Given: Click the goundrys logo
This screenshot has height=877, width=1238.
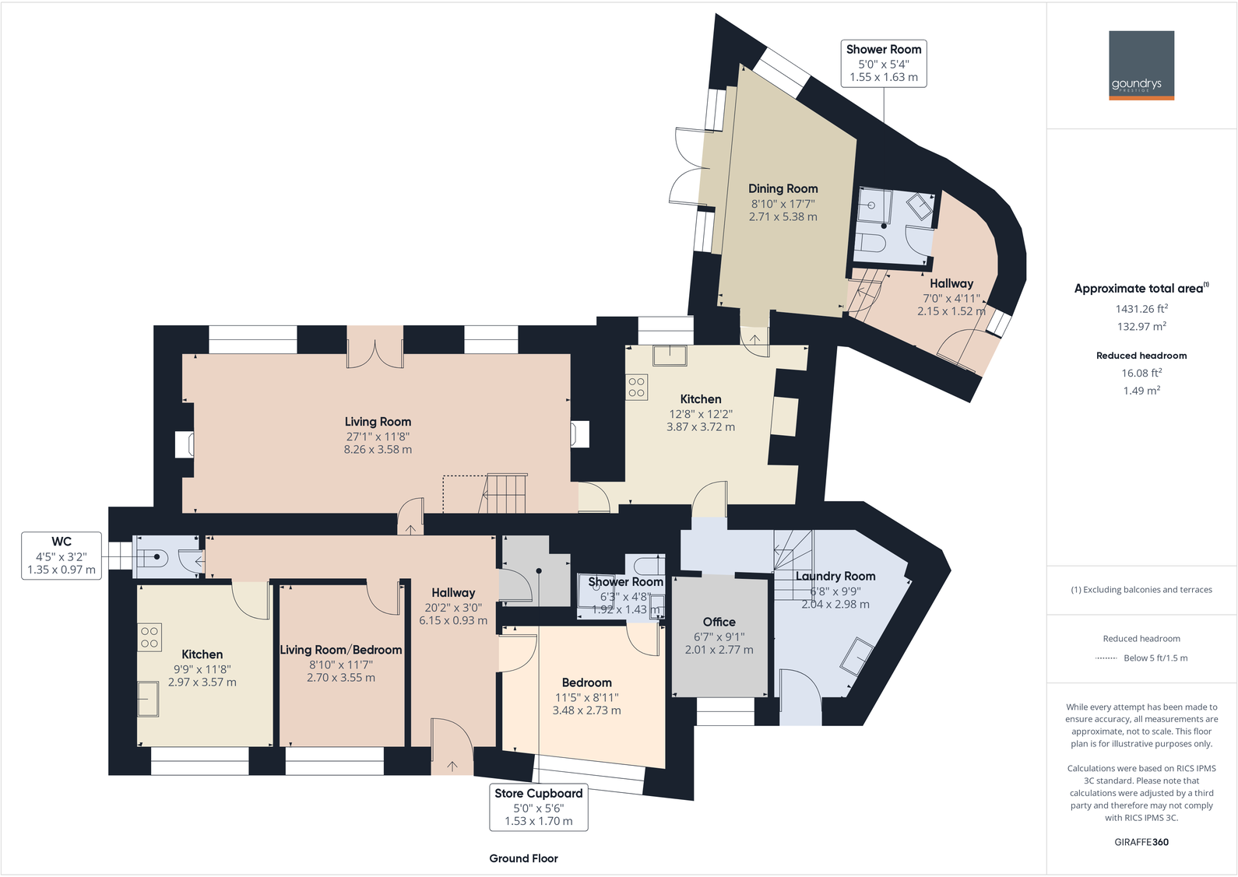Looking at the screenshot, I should (x=1141, y=65).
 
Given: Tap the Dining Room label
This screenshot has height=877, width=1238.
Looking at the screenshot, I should (x=783, y=188).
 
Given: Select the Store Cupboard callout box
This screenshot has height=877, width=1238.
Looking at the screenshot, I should (x=538, y=807).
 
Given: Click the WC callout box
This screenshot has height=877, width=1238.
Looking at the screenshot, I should (x=62, y=555).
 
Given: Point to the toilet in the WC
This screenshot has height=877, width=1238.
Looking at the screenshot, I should (x=152, y=557).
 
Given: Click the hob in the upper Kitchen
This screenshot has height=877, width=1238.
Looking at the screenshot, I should (x=637, y=387).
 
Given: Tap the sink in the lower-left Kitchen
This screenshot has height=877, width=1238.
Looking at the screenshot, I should (x=148, y=698).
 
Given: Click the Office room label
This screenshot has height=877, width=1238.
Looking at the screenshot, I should (x=719, y=622).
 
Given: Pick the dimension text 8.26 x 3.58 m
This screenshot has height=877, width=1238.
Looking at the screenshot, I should (x=378, y=450).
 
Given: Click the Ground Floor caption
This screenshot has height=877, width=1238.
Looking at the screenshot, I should (x=523, y=858).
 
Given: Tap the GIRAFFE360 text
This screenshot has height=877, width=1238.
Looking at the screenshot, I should (x=1141, y=842).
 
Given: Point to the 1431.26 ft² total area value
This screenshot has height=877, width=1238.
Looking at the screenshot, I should (x=1141, y=309).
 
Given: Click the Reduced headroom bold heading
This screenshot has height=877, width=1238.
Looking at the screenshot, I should (x=1141, y=356).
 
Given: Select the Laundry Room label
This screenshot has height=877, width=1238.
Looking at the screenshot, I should (x=835, y=577).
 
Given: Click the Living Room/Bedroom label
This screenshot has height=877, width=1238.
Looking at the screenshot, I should (x=341, y=650).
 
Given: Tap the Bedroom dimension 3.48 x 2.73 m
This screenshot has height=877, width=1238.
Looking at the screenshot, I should (x=586, y=710).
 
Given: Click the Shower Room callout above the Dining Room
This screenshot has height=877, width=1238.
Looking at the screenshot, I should (x=884, y=63).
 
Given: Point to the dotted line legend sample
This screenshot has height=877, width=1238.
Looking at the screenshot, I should (x=1106, y=658).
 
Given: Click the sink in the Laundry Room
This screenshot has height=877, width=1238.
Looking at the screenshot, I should (x=856, y=655).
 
